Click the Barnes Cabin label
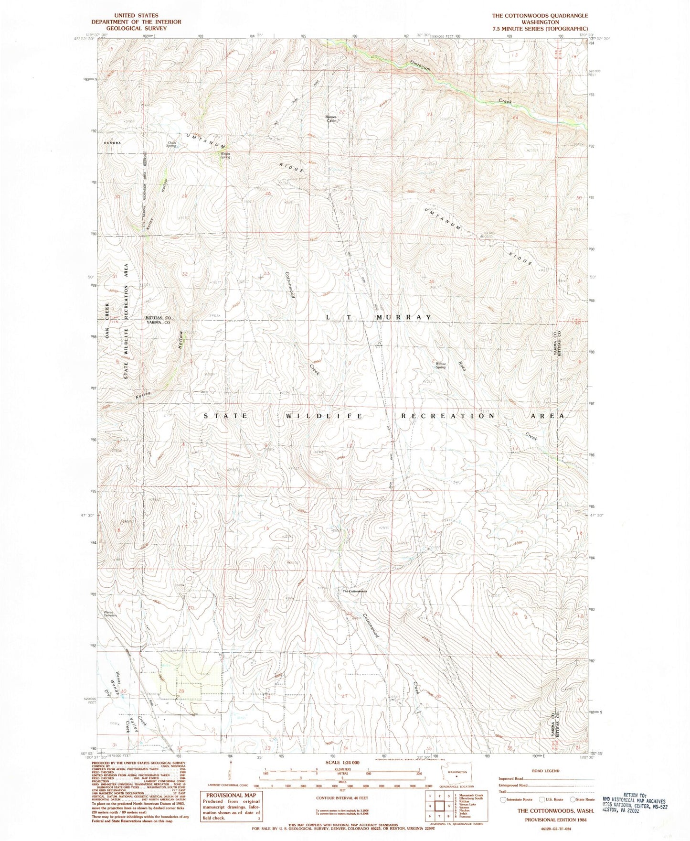tap(331, 119)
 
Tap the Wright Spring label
tap(225, 155)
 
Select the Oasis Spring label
tap(171, 144)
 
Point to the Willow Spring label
tap(440, 366)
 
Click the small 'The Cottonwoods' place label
tap(355, 592)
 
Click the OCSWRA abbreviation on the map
tap(110, 142)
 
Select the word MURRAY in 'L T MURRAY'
tap(403, 317)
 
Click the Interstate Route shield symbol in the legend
tap(503, 799)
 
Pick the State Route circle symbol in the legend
tap(573, 799)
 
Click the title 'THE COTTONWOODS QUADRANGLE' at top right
tap(533, 16)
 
